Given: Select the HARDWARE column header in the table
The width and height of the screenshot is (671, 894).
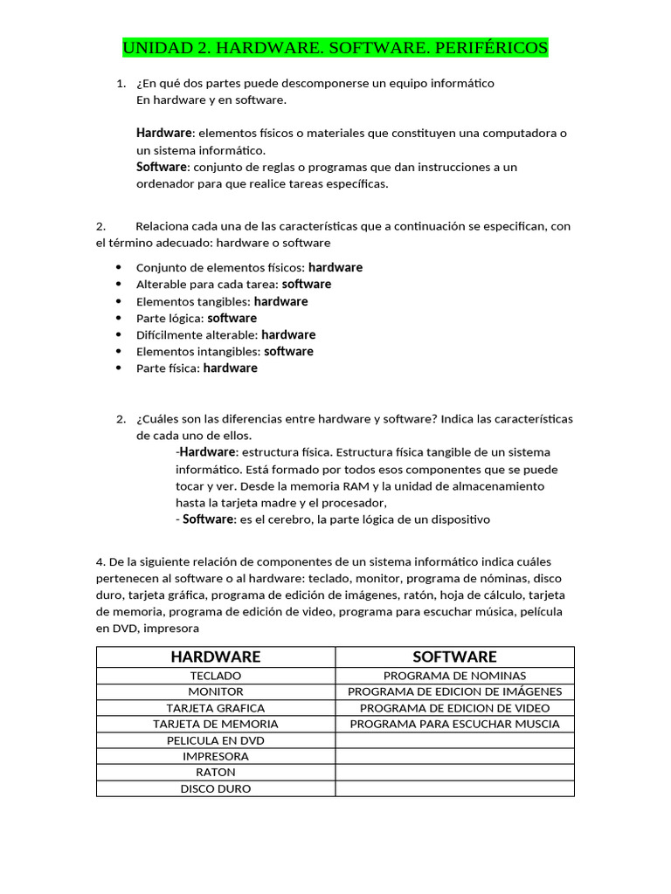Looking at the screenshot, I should [215, 657].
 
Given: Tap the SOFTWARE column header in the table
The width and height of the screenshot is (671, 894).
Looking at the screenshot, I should [454, 657].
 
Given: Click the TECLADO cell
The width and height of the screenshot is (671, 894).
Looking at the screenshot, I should [215, 676].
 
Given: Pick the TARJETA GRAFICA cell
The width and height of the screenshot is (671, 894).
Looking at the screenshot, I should [215, 708].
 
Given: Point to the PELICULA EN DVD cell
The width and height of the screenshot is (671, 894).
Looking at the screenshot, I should [215, 740].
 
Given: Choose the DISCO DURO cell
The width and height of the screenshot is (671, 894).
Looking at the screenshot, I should [215, 788].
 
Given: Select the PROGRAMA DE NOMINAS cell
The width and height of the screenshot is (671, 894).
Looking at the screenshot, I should [454, 676].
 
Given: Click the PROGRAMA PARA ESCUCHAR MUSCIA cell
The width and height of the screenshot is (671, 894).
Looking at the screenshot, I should [454, 724].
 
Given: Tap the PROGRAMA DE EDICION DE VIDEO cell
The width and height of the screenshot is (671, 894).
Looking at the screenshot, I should [454, 708].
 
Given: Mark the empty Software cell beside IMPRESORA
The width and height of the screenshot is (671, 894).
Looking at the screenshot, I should [454, 756].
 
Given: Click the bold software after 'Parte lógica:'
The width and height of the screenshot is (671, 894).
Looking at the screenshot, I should [232, 318].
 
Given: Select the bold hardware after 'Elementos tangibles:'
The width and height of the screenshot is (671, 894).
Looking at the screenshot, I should [280, 301].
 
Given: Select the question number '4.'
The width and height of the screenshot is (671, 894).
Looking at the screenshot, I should [101, 561].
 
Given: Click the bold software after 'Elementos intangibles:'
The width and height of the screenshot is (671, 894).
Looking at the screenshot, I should [288, 352].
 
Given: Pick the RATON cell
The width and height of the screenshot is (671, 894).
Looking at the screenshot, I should [215, 773].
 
